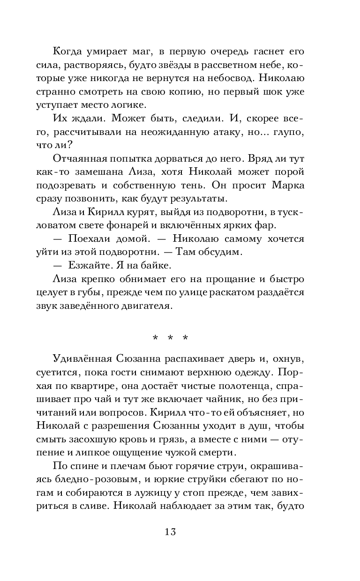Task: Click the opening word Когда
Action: [70, 51]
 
